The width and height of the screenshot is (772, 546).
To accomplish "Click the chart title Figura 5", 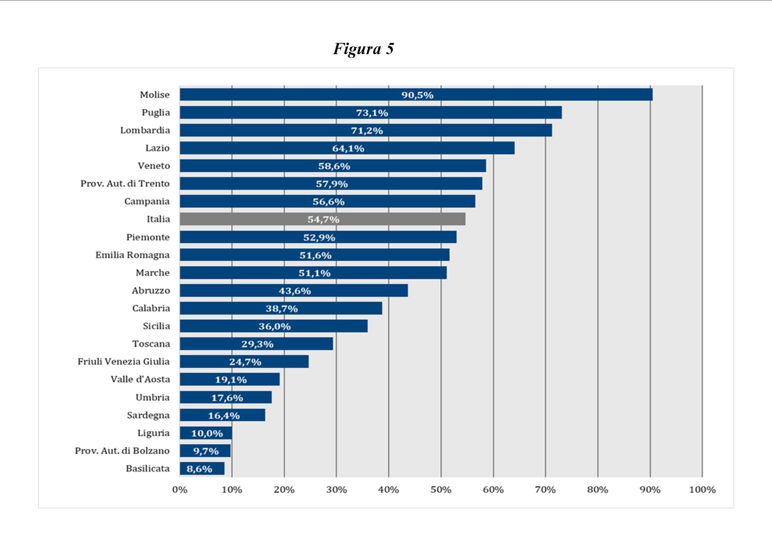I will pyautogui.click(x=363, y=49).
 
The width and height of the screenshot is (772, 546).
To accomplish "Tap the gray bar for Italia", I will pyautogui.click(x=322, y=219).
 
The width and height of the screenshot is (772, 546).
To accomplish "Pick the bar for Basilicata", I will pyautogui.click(x=202, y=468).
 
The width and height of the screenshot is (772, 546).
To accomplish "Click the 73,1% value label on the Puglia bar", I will pyautogui.click(x=372, y=113).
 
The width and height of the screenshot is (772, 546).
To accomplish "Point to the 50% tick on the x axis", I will pyautogui.click(x=441, y=490).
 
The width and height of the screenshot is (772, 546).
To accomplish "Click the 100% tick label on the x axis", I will pyautogui.click(x=702, y=490).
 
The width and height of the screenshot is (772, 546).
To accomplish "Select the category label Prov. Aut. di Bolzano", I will pyautogui.click(x=122, y=451).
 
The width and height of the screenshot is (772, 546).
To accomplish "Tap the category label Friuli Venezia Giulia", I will pyautogui.click(x=123, y=362).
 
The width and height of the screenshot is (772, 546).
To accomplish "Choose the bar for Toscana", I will pyautogui.click(x=256, y=344).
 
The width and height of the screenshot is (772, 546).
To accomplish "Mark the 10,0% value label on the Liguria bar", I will pyautogui.click(x=207, y=433).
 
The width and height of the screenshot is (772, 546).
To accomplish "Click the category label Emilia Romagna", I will pyautogui.click(x=133, y=255).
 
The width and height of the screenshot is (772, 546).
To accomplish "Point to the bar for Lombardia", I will pyautogui.click(x=366, y=130).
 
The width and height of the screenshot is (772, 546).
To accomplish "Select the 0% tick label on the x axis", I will pyautogui.click(x=180, y=490).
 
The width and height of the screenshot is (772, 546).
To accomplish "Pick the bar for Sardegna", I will pyautogui.click(x=222, y=415).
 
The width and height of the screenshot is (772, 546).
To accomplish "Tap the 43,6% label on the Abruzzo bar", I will pyautogui.click(x=294, y=291).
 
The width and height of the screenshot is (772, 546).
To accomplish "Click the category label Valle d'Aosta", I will pyautogui.click(x=140, y=379).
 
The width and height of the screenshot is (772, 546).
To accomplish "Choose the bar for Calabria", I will pyautogui.click(x=281, y=308).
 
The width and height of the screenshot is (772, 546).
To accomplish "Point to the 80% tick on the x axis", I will pyautogui.click(x=597, y=490).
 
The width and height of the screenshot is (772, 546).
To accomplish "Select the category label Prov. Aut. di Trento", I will pyautogui.click(x=125, y=184).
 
